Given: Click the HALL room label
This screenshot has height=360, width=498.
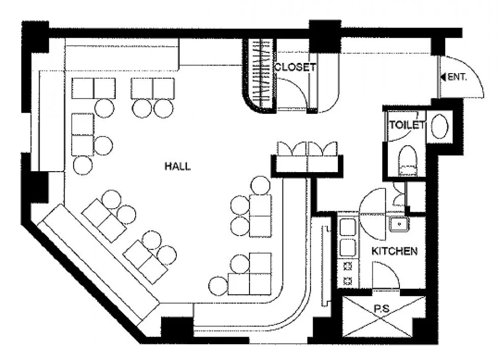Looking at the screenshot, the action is tap(177, 166).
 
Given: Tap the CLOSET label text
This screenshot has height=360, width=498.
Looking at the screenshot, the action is tap(295, 67).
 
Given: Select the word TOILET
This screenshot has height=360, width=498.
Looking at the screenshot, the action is tap(407, 125).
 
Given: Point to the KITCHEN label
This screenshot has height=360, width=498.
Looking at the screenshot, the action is tap(394, 251).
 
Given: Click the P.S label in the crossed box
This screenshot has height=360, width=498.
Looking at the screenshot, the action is tap(382, 308).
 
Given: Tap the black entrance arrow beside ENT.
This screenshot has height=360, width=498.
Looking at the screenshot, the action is tap(443, 77).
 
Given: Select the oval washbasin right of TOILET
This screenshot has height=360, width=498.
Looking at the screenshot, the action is tap(440, 126).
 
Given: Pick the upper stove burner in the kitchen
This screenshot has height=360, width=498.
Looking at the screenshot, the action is tap(348, 266).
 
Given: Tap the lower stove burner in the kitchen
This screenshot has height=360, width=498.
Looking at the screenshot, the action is tap(348, 281).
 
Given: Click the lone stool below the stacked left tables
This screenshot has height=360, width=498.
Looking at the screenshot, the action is tap(83, 165).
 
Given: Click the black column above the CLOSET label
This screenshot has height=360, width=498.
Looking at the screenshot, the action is tap(325, 36).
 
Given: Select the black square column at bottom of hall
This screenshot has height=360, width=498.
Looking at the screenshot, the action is tap(177, 330).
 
